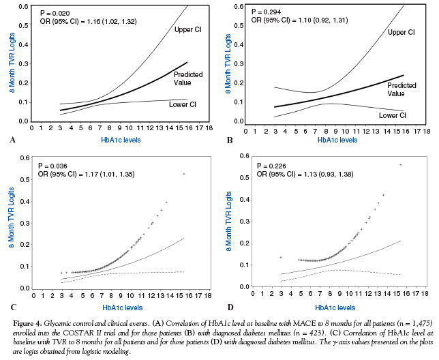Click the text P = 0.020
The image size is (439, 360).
(x=59, y=14)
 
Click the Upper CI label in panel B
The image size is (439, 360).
(x=402, y=32)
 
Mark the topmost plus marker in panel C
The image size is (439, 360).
(x=183, y=174)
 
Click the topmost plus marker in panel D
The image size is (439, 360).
(x=400, y=164)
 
